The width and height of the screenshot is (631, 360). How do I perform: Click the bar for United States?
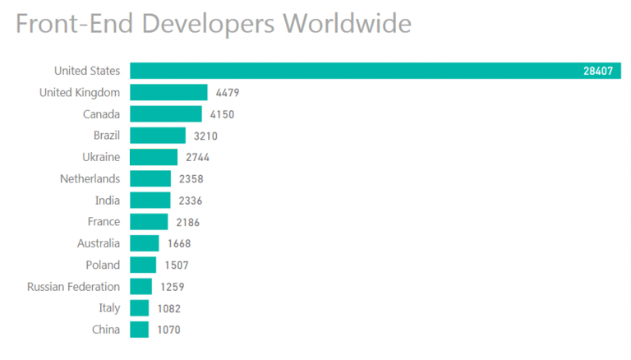[375, 71]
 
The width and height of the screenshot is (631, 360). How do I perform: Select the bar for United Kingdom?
[168, 92]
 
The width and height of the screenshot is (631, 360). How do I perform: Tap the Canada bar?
[165, 113]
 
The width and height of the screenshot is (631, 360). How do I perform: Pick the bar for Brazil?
[158, 136]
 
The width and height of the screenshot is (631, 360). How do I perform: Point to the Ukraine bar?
[154, 157]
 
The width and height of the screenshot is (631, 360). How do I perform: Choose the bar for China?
[139, 330]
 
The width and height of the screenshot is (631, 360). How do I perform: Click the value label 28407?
[598, 72]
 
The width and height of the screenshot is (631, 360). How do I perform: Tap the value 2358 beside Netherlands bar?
[190, 179]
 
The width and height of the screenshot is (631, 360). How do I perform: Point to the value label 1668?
[178, 244]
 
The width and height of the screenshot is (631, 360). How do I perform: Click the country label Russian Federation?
[73, 287]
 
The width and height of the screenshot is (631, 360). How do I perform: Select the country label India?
[108, 201]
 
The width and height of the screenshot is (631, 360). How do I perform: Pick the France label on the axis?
[104, 222]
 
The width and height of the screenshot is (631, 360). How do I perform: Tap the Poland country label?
[103, 265]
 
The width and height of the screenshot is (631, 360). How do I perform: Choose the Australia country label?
[99, 243]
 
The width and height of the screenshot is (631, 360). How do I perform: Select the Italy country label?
[109, 308]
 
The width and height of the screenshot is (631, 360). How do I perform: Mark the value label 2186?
[187, 223]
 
